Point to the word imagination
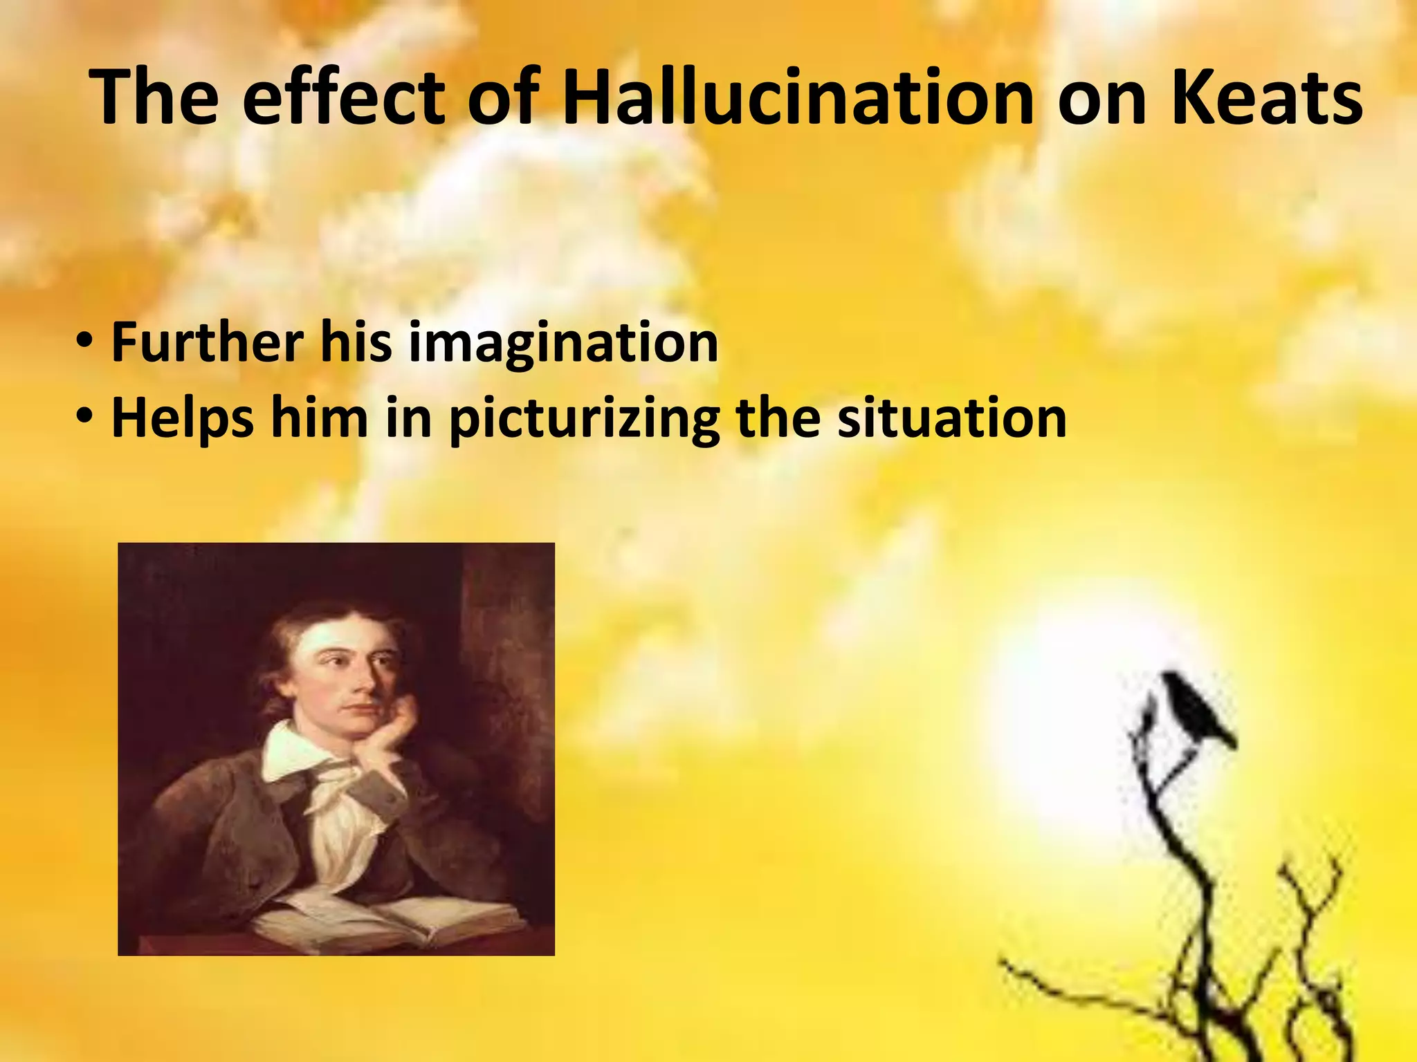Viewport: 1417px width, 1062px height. [x=563, y=344]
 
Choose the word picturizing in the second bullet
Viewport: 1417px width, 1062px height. [x=585, y=420]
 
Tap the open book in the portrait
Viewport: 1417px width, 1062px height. [x=387, y=913]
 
